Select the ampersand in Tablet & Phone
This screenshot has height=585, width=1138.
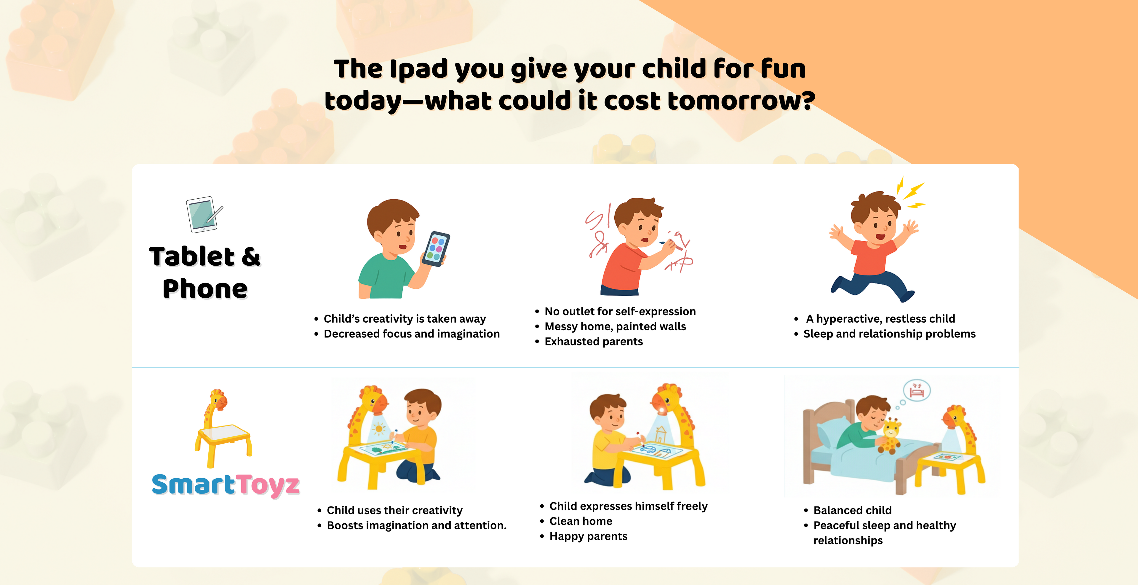coord(251,257)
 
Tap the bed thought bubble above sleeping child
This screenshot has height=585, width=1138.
coord(917,390)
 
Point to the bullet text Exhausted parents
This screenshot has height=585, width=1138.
coord(593,342)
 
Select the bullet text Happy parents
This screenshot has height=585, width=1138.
coord(588,536)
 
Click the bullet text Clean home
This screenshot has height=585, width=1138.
coord(581,521)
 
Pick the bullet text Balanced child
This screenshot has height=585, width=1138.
coord(852,510)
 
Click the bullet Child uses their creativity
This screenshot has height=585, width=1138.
coord(394,510)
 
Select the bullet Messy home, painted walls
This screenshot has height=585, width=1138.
coord(615,326)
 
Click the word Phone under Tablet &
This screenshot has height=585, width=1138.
coord(205,289)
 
